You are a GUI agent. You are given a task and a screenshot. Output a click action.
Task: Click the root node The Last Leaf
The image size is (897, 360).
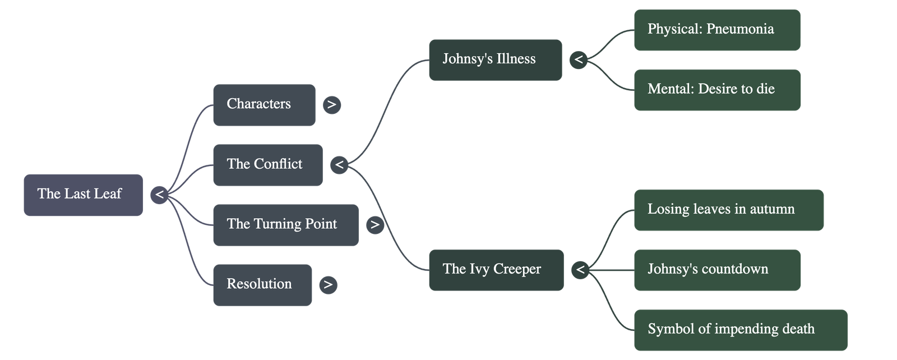pyautogui.click(x=83, y=195)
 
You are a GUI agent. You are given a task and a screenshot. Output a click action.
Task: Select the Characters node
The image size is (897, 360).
pyautogui.click(x=263, y=105)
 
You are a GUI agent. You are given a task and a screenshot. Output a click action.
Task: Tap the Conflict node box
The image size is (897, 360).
pyautogui.click(x=267, y=165)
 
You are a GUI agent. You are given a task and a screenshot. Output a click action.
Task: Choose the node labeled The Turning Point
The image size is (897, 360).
pyautogui.click(x=285, y=225)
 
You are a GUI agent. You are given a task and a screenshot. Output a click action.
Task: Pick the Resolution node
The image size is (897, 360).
pyautogui.click(x=262, y=285)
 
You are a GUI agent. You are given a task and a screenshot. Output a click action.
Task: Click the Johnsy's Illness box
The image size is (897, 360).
pyautogui.click(x=495, y=59)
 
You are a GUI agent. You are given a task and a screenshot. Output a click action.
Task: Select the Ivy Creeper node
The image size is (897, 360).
pyautogui.click(x=496, y=270)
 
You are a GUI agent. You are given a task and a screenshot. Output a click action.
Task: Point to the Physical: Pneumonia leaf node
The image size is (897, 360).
pyautogui.click(x=716, y=30)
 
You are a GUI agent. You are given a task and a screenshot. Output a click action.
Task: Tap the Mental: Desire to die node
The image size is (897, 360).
pyautogui.click(x=717, y=90)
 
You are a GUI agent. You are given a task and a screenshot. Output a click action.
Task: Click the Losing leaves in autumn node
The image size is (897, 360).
pyautogui.click(x=728, y=210)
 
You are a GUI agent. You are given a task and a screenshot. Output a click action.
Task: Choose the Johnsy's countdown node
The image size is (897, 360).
pyautogui.click(x=717, y=270)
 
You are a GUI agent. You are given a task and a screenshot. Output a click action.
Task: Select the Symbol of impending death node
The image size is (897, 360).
pyautogui.click(x=740, y=330)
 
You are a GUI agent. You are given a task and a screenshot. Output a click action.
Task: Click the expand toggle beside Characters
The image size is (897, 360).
pyautogui.click(x=332, y=105)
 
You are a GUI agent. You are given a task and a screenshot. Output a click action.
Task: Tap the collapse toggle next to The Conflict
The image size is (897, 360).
pyautogui.click(x=339, y=165)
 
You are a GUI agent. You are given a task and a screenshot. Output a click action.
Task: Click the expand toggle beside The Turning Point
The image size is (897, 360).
pyautogui.click(x=375, y=225)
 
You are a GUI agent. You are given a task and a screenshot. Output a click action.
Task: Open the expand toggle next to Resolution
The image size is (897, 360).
pyautogui.click(x=328, y=285)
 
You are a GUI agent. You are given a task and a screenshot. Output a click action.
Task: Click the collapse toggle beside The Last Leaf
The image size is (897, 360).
pyautogui.click(x=160, y=195)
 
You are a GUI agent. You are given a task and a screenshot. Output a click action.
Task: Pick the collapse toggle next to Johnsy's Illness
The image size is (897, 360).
pyautogui.click(x=579, y=59)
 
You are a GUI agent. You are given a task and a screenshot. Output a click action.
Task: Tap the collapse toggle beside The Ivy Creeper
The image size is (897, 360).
pyautogui.click(x=580, y=270)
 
